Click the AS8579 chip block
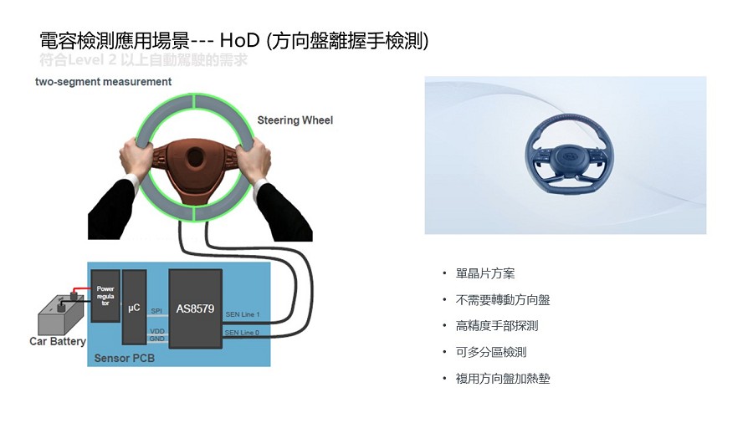(195, 308)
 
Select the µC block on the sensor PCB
(134, 308)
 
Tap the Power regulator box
(105, 296)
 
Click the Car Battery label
(58, 341)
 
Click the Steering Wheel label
(295, 120)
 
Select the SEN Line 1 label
(243, 315)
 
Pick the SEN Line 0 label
(243, 332)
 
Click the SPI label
(156, 312)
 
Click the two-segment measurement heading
(104, 82)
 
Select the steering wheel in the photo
(566, 155)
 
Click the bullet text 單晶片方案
(485, 273)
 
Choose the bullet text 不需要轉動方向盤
(503, 299)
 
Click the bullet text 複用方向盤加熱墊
(503, 379)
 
